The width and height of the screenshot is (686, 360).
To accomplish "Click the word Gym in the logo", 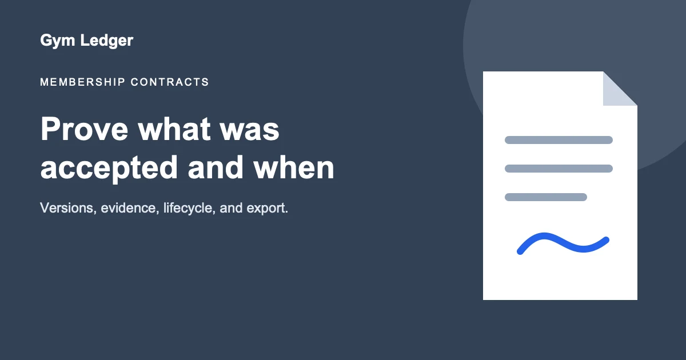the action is pos(58,41).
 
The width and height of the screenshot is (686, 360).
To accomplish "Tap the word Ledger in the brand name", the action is pos(106,41).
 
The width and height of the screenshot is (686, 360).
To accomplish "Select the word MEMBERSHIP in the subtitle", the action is pos(83,82).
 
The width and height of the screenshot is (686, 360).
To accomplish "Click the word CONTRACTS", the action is pos(170,82).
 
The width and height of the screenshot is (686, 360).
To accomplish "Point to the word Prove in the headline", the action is pos(84,129).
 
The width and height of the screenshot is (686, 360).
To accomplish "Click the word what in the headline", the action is pos(174,129).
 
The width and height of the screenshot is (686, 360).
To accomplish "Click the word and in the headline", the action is pos(216,167).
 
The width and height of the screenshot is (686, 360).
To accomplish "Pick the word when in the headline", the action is pos(294,167).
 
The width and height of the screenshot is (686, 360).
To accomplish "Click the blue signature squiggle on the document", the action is pos(563,243).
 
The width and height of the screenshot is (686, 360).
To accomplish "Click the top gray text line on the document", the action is pos(559,140).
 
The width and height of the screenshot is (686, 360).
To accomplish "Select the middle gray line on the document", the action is pos(559,169).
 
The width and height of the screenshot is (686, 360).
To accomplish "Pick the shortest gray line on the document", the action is pos(546,197).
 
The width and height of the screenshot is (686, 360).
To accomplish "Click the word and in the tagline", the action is pos(231,208).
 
